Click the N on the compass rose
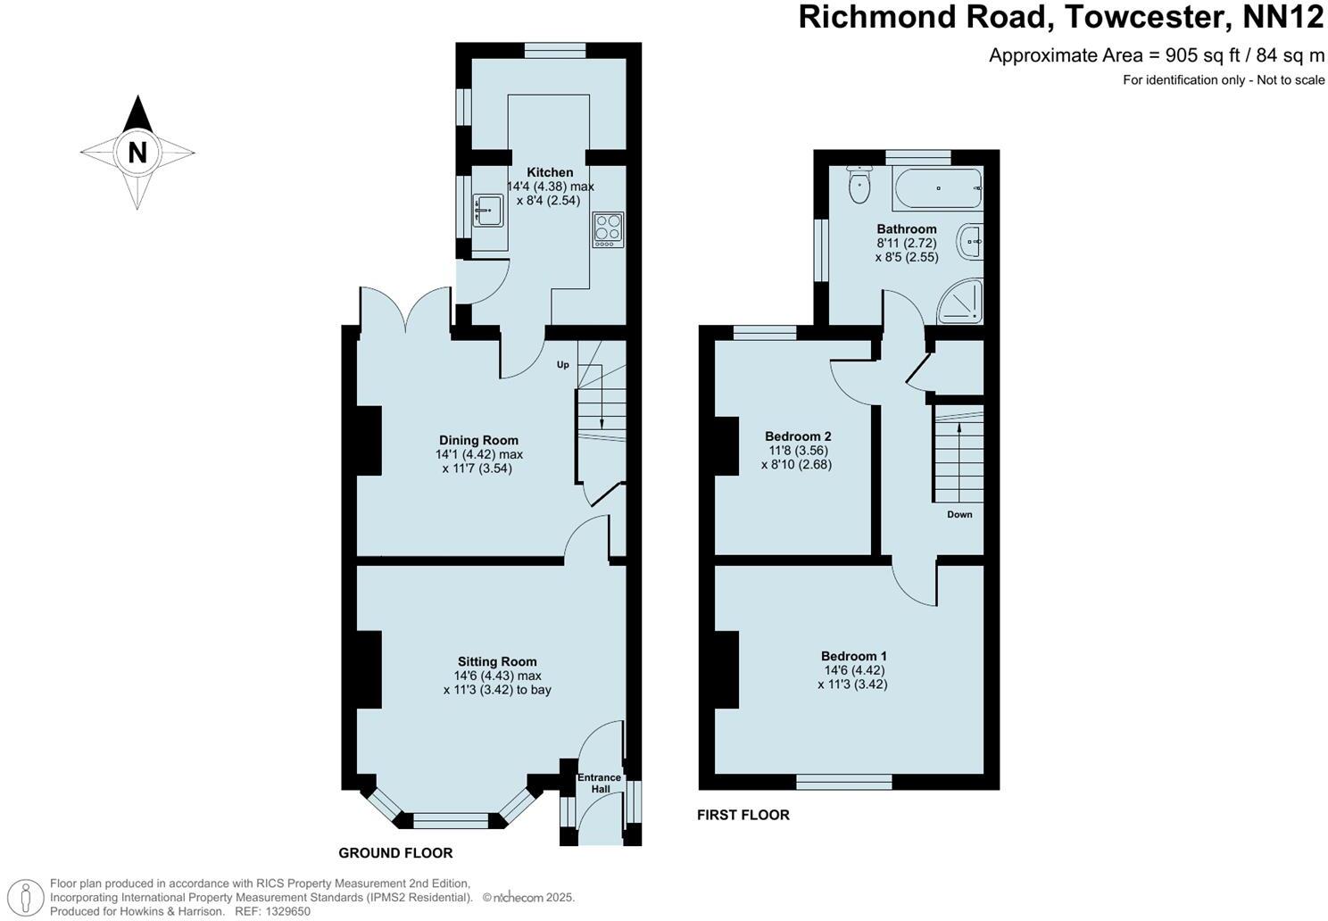137,152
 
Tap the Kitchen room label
550,172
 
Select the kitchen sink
489,211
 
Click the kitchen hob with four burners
608,229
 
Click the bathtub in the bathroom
936,187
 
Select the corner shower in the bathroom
961,303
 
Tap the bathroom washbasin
970,241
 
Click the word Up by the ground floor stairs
563,364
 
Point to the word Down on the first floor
959,515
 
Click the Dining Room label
478,440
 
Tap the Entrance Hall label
599,783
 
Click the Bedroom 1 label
853,656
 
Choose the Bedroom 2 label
798,436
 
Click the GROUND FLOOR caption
395,853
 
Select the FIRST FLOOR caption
743,815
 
